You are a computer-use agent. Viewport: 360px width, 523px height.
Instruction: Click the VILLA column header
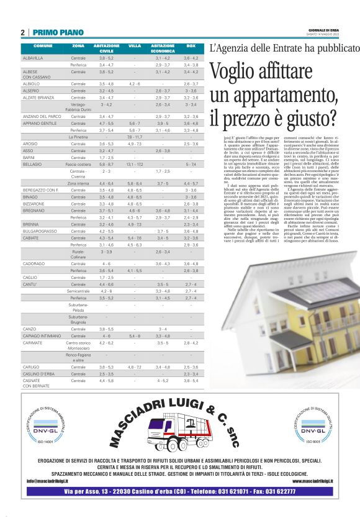(135, 46)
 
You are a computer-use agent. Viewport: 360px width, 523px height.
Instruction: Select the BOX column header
(191, 46)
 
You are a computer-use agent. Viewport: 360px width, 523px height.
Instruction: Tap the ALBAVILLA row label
(32, 58)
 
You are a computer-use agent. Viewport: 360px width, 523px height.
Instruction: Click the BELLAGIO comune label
(32, 163)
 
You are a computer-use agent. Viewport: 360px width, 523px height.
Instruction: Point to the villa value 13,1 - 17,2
(135, 163)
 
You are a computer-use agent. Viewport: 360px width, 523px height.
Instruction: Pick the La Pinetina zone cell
(78, 136)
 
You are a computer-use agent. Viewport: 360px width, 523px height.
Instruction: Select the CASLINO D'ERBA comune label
(37, 374)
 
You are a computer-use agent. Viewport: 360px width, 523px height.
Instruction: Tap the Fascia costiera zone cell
(78, 163)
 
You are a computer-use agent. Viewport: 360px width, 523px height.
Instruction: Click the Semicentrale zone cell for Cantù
(78, 290)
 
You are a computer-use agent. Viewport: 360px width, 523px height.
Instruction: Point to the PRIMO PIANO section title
(56, 32)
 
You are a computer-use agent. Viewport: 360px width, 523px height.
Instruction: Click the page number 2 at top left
(24, 32)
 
